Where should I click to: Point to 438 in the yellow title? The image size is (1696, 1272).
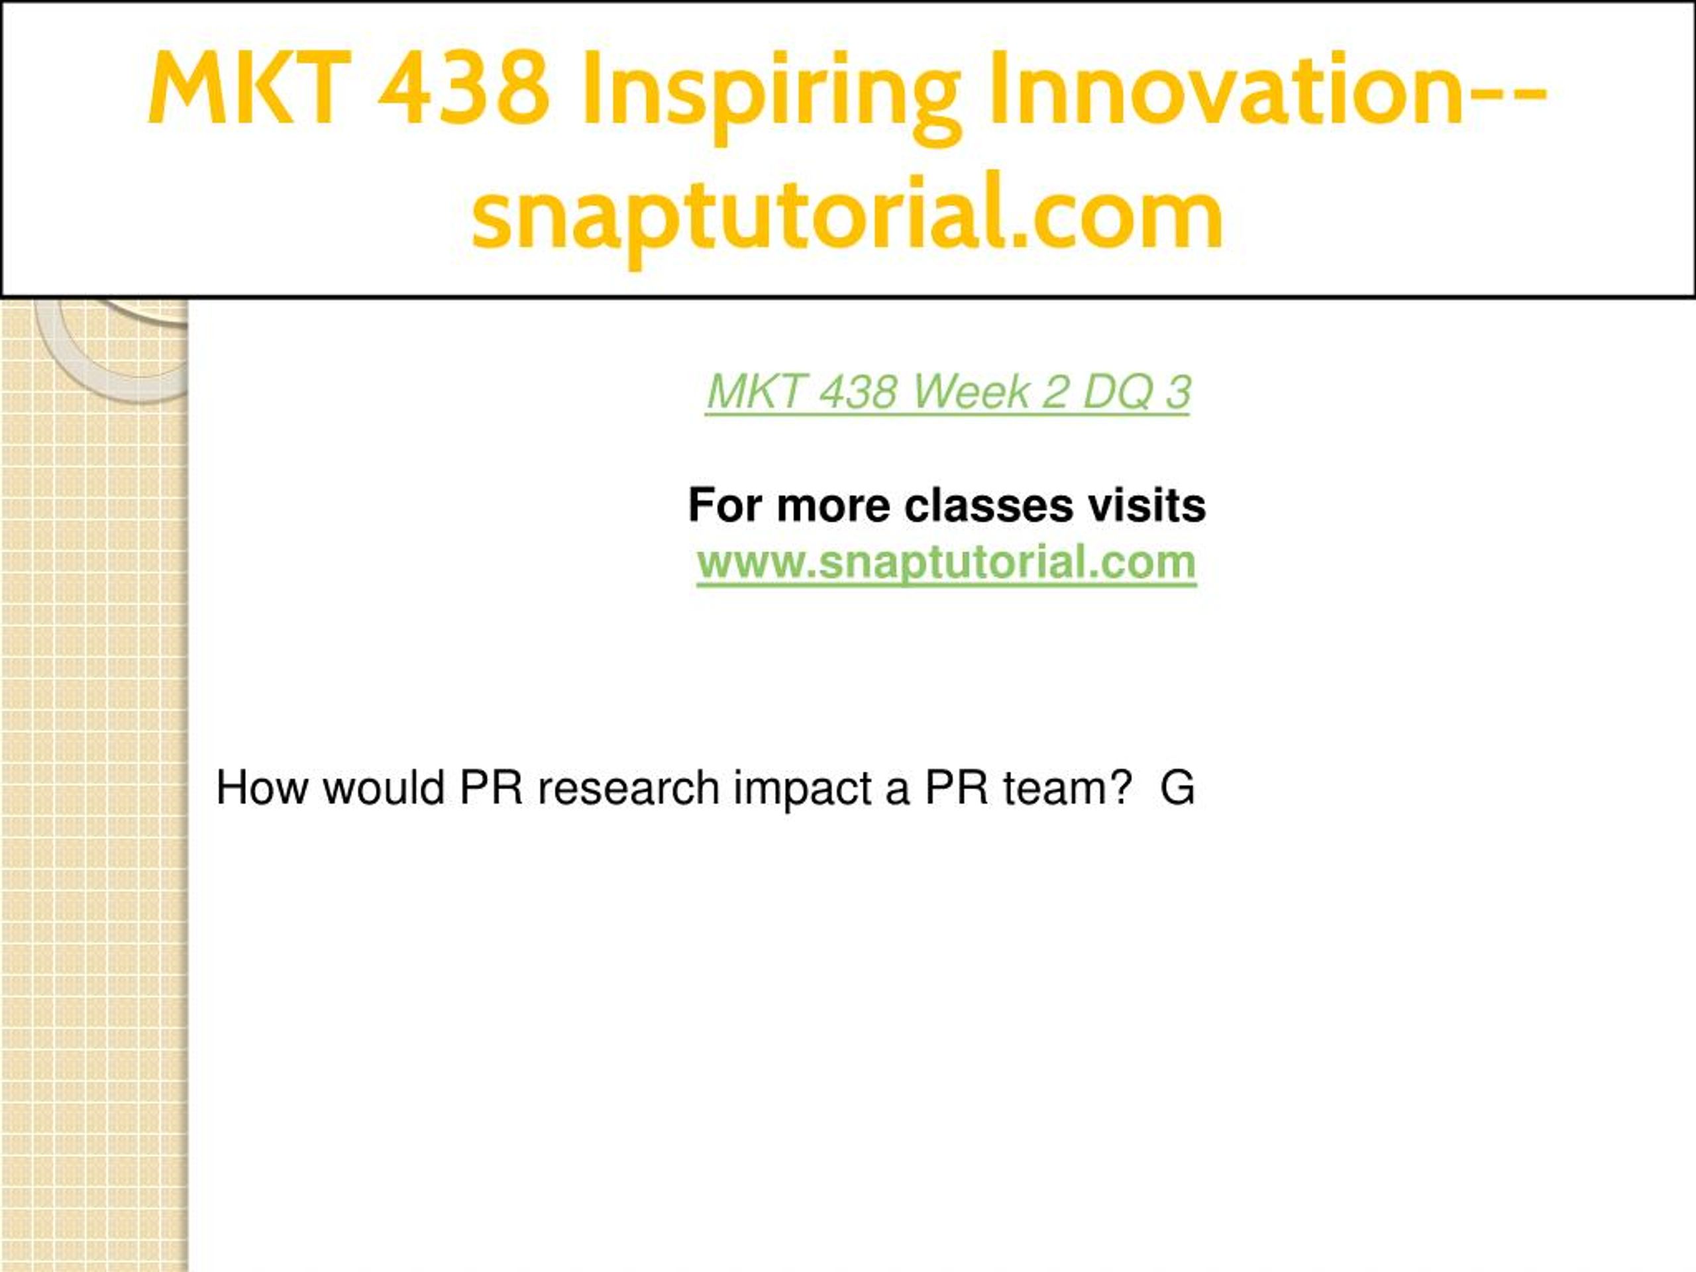click(x=464, y=88)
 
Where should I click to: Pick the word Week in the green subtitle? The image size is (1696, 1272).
click(x=971, y=392)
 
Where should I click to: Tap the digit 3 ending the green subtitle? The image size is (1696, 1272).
click(x=1178, y=392)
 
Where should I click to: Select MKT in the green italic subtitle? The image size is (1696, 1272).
click(x=757, y=392)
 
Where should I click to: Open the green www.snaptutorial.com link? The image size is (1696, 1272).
click(x=947, y=564)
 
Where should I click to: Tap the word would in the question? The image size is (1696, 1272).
click(x=384, y=788)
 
